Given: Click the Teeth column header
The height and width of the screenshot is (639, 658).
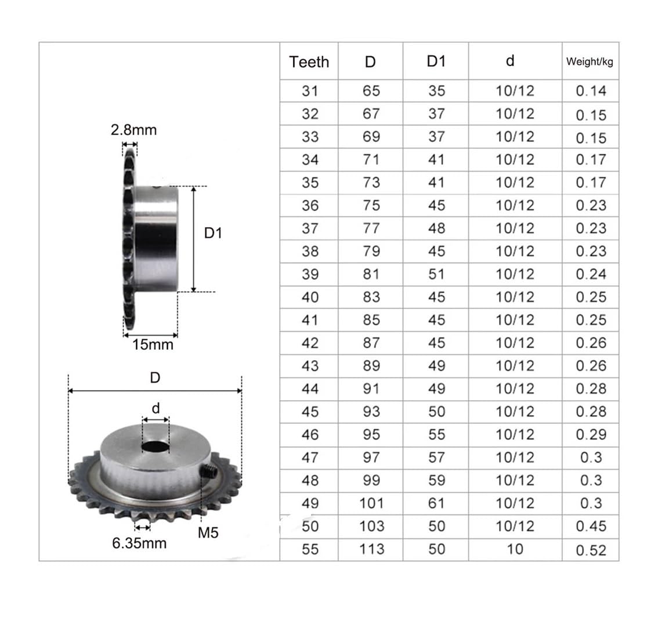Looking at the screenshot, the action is click(x=309, y=62).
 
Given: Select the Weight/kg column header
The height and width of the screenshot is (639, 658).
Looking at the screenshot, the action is click(x=590, y=61).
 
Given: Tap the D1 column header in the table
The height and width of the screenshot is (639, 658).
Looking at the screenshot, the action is click(x=436, y=61).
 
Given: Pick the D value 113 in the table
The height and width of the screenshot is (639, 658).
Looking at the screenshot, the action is click(x=371, y=549).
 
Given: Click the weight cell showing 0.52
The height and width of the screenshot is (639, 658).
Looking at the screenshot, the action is click(x=591, y=550).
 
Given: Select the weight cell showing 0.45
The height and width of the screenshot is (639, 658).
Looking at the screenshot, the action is click(x=591, y=526).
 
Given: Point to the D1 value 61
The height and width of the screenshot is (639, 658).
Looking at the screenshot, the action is click(x=436, y=503).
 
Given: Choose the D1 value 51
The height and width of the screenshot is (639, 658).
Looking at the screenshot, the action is click(x=436, y=274).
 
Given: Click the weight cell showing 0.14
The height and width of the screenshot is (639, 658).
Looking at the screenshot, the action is click(x=591, y=90).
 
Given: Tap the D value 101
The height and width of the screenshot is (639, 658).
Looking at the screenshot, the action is click(x=371, y=503).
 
